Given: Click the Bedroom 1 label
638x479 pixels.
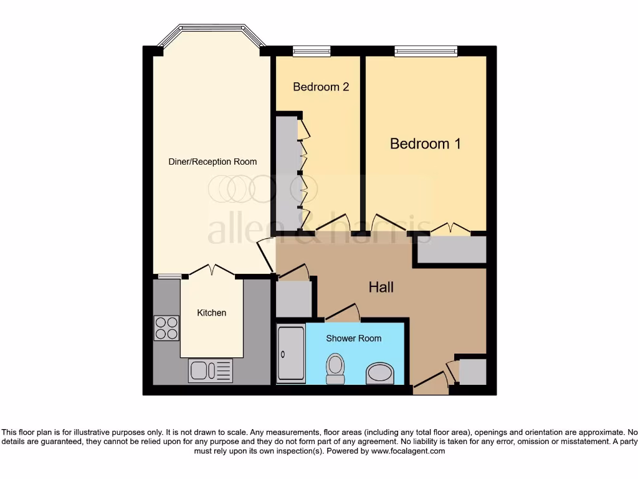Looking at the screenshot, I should pos(426,144).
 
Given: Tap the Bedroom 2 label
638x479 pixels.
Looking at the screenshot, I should pos(321,87).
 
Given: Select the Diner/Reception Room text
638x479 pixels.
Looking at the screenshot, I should pos(212,162).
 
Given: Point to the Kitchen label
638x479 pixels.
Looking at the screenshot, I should pos(212,312).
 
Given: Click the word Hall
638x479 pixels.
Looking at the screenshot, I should pos(381,288).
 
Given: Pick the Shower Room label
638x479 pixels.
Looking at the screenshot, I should pos(353,338).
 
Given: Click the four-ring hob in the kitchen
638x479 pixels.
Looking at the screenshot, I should pos(166,328).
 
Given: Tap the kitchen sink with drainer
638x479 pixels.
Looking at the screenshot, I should pos(210,370).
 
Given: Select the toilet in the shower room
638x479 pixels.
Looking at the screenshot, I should pos(335,369).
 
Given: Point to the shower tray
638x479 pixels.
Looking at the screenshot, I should pos(291,354).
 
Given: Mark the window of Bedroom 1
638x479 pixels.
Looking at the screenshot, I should pos(426,51).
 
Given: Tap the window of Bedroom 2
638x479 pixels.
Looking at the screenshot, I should pos(312,51).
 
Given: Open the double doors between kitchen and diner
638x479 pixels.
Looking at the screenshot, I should pos(212,271).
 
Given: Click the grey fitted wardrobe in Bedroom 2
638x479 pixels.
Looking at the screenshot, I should pos(287,173).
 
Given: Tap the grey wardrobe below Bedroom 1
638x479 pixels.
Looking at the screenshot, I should pos(452,249).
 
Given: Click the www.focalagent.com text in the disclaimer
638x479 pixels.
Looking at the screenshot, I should pos(409,451).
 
